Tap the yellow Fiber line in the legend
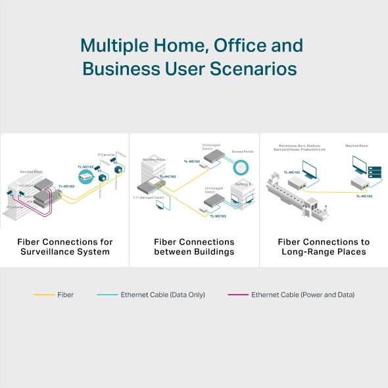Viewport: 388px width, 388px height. pos(43,295)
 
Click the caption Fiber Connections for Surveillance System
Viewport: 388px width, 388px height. pos(64,247)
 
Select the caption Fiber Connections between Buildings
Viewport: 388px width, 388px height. pos(194,247)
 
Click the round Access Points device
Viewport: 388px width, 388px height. pos(241,168)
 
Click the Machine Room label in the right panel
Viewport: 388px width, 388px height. pos(356,145)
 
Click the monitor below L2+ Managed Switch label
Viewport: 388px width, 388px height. pos(159,205)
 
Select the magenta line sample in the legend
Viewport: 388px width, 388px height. pos(237,295)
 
